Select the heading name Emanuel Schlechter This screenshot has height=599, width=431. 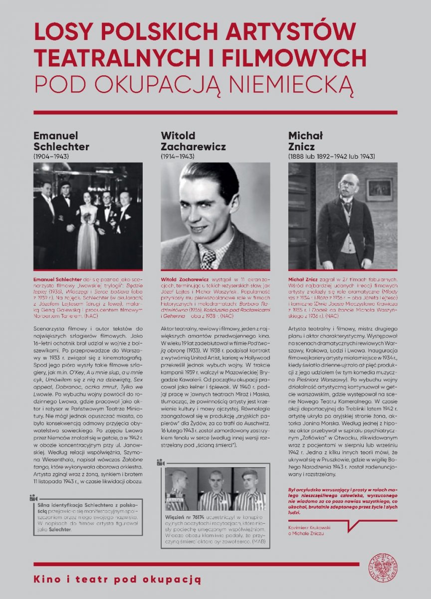click(x=61, y=141)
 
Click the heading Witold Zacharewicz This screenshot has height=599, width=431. click(x=193, y=141)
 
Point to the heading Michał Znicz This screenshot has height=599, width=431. click(x=306, y=141)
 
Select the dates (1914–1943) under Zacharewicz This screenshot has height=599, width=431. click(x=178, y=156)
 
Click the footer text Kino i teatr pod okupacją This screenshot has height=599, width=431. click(x=117, y=579)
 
